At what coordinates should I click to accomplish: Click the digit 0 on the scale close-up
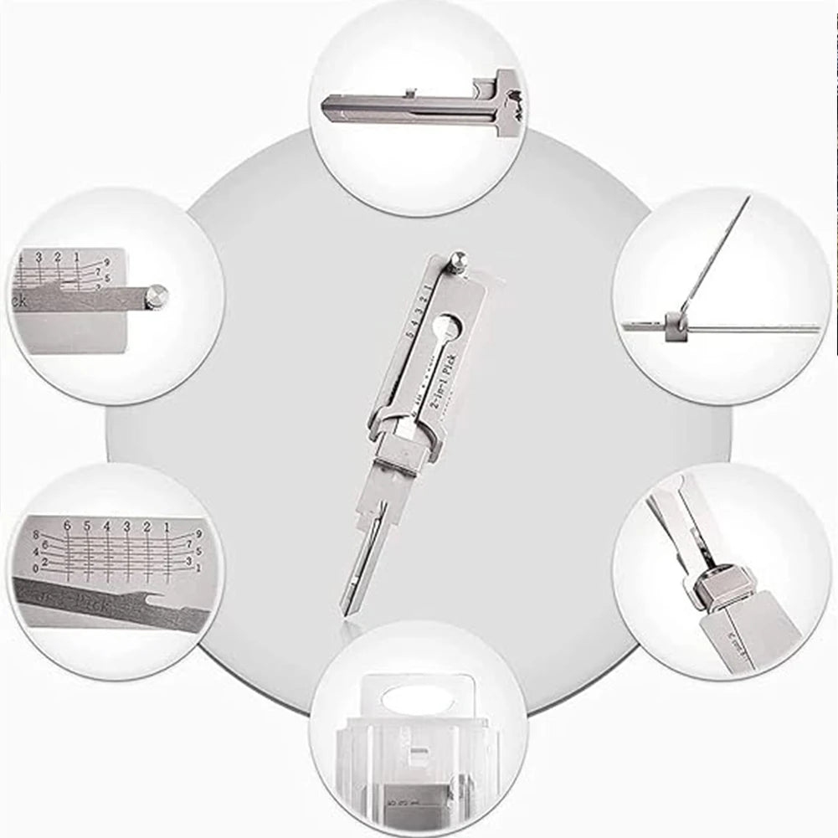(35, 568)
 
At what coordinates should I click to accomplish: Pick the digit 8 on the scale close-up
(36, 533)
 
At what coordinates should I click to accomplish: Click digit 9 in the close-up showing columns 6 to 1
(198, 532)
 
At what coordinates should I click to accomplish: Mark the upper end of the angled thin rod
(748, 198)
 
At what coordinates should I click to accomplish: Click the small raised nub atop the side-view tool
(409, 92)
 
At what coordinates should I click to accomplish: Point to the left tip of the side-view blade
(325, 107)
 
